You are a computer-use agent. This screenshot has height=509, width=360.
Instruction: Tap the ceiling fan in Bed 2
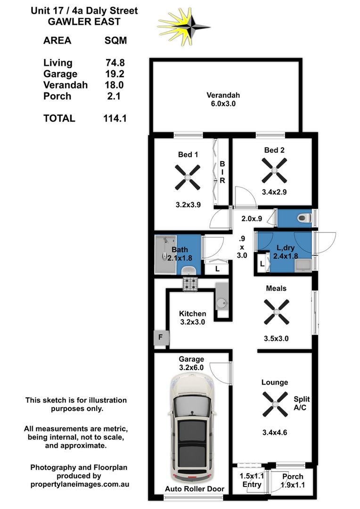274,171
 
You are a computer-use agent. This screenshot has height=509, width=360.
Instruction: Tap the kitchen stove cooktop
191,283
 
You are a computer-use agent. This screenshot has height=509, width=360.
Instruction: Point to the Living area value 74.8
115,63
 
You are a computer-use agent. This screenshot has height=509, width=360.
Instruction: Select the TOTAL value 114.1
115,118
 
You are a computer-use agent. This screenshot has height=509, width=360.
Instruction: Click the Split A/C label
302,403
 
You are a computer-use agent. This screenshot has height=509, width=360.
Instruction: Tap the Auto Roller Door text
194,489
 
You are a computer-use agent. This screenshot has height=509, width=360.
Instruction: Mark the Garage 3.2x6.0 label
191,363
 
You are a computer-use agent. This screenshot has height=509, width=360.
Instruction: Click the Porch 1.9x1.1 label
293,481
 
